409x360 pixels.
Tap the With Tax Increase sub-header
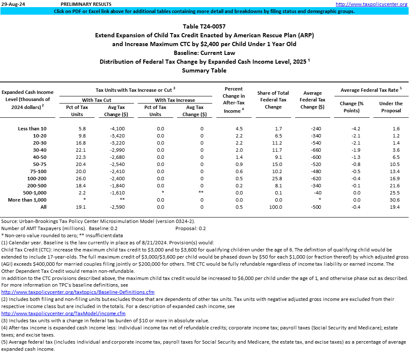175,100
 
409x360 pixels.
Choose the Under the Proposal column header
391,107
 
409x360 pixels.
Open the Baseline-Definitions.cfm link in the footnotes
78,292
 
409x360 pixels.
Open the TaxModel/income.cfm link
64,313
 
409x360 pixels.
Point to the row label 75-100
38,171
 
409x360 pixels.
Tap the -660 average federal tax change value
317,150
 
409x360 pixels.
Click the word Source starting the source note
10,221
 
